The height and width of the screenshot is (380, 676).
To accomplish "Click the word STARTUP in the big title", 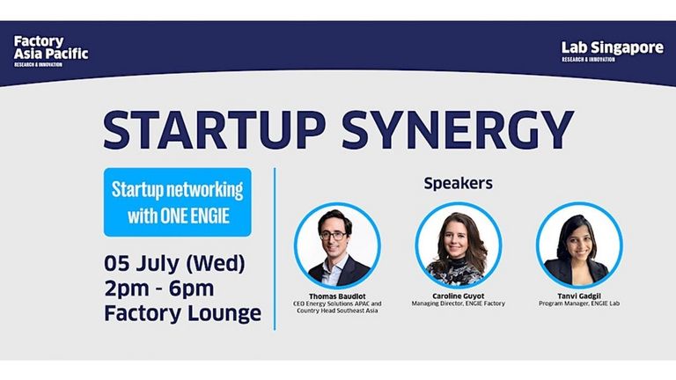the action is [214, 130].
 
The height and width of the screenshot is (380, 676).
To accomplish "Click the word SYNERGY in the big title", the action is [458, 130].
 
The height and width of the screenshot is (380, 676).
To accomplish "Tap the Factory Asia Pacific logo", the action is [51, 51].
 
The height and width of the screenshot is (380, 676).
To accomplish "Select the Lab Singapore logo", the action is [613, 51].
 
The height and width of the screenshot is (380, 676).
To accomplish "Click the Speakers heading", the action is [458, 183].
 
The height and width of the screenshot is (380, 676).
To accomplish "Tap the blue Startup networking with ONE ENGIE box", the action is [178, 202].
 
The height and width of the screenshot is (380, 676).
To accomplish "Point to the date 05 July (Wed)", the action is [174, 263].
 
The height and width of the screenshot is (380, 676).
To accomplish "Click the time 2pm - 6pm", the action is [159, 289].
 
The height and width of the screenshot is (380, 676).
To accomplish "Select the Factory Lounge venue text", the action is [183, 313].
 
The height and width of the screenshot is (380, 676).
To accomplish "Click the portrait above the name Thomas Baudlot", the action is [338, 245].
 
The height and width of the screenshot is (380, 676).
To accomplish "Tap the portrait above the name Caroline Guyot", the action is [459, 245].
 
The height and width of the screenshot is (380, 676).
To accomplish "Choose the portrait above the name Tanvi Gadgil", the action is [579, 245].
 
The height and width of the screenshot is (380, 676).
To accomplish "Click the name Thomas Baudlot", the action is [337, 296].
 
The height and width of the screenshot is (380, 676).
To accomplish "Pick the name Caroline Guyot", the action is [459, 296].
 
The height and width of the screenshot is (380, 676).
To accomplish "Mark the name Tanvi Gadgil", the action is [579, 296].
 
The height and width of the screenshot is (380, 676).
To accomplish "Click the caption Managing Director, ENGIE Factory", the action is [459, 303].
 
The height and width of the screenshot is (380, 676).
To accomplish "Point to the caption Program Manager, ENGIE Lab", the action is [579, 303].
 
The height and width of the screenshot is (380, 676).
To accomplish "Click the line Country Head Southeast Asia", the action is [337, 311].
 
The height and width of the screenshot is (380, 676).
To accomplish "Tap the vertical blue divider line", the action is [275, 249].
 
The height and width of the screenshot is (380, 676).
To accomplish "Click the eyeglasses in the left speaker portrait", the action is [333, 236].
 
